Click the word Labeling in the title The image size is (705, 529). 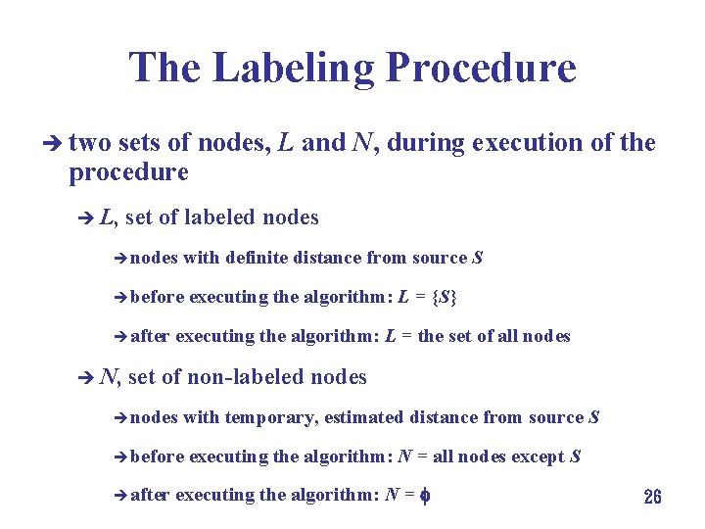(x=294, y=68)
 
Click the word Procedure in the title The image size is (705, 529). (x=481, y=68)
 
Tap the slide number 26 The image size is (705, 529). (x=652, y=497)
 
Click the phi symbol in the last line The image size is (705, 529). (x=426, y=496)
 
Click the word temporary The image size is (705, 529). (x=271, y=417)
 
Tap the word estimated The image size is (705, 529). (x=363, y=417)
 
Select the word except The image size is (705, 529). (x=538, y=457)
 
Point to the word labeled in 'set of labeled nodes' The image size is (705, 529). (x=224, y=216)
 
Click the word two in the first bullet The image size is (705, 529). (x=90, y=143)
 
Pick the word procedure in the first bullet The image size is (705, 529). (x=128, y=172)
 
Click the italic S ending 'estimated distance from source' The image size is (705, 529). (x=593, y=417)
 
